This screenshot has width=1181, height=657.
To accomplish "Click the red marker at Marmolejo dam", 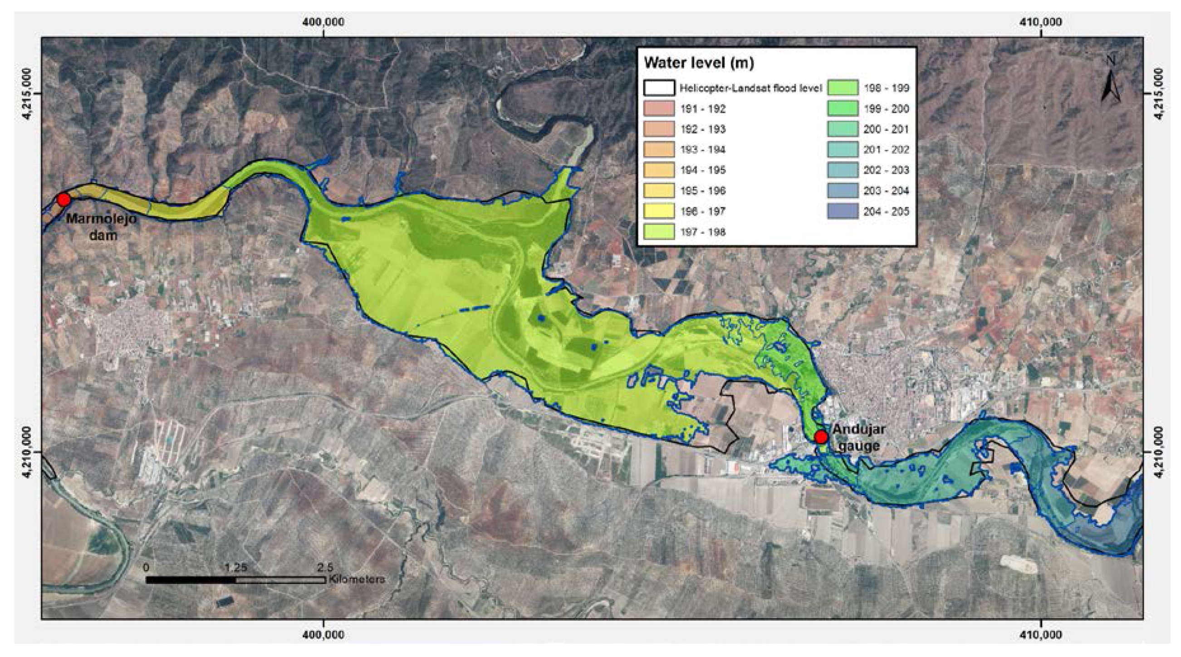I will pyautogui.click(x=63, y=200).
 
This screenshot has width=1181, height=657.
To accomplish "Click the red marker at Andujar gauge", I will pyautogui.click(x=821, y=437).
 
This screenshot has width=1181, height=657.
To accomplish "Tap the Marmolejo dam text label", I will pyautogui.click(x=101, y=227).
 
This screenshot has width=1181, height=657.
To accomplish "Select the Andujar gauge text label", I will pyautogui.click(x=858, y=437).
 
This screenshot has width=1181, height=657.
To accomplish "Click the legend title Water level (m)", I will pyautogui.click(x=699, y=63).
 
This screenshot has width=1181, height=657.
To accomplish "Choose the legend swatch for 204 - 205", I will pyautogui.click(x=843, y=211).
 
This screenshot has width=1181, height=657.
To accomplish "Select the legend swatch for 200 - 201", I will pyautogui.click(x=843, y=129).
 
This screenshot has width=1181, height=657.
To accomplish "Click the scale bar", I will pyautogui.click(x=235, y=580).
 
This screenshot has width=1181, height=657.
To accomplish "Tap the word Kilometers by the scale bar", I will pyautogui.click(x=357, y=579).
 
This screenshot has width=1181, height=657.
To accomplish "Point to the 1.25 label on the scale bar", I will pyautogui.click(x=235, y=568).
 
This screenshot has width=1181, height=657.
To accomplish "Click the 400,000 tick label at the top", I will pyautogui.click(x=323, y=21).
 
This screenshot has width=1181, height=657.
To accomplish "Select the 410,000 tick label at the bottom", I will pyautogui.click(x=1042, y=635).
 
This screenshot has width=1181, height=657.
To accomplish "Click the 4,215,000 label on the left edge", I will pyautogui.click(x=28, y=93).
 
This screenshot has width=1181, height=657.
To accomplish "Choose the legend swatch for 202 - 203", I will pyautogui.click(x=843, y=170).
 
